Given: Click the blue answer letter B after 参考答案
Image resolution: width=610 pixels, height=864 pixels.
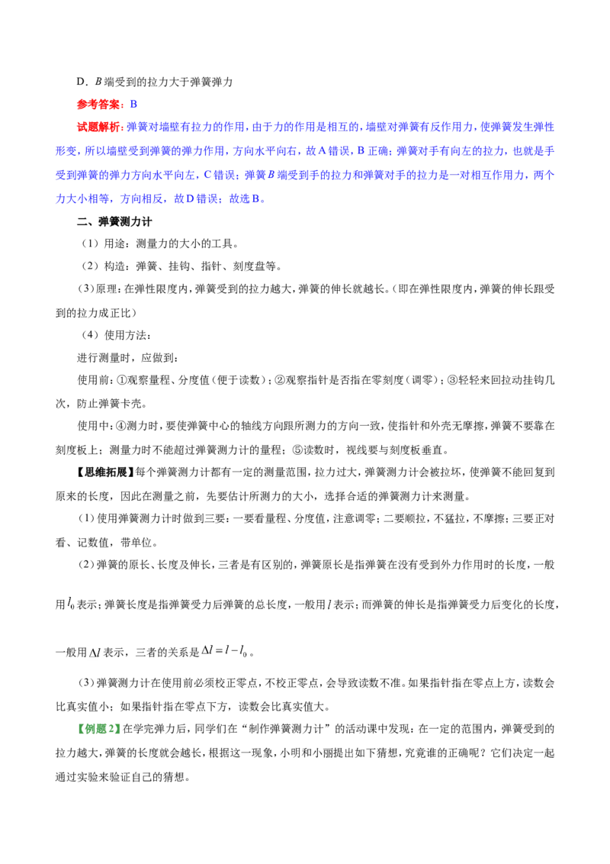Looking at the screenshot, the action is click(x=133, y=104).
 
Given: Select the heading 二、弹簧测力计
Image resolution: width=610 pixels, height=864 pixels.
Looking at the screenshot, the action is click(x=114, y=221).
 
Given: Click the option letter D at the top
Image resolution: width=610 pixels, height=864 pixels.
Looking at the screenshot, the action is click(x=81, y=82).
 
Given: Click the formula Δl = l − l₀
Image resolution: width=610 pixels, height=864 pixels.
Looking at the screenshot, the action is click(x=225, y=651).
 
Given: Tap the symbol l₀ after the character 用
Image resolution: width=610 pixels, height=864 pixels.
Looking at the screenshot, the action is click(x=71, y=604).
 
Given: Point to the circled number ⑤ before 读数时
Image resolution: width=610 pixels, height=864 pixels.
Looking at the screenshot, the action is click(x=297, y=450).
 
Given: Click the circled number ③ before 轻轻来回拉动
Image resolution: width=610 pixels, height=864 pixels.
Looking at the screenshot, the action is click(x=453, y=380).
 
